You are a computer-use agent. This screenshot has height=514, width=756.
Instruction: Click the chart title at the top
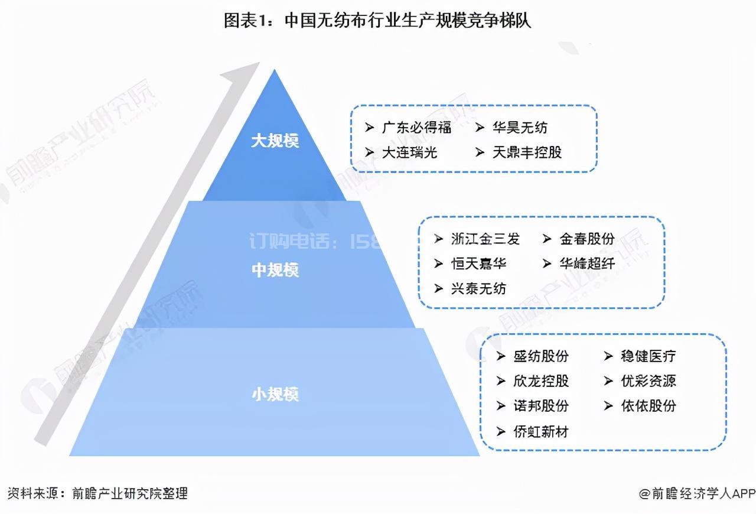(x=377, y=21)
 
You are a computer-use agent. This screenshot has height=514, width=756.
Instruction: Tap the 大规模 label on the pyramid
(x=275, y=141)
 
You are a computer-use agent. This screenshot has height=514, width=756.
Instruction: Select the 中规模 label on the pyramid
(x=275, y=270)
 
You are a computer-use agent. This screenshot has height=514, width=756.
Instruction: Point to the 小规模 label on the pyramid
(x=275, y=394)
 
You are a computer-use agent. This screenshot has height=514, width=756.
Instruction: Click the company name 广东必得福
(x=416, y=127)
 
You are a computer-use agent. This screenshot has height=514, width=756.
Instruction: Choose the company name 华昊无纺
(x=520, y=127)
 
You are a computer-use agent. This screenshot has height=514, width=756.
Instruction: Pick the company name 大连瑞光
(x=409, y=152)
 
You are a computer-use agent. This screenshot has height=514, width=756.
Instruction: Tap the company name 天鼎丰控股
(x=527, y=152)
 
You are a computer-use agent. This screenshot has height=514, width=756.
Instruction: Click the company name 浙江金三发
(x=485, y=239)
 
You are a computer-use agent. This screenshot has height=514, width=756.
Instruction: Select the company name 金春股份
(x=587, y=239)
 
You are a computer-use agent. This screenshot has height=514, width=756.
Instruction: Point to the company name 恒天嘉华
(x=478, y=263)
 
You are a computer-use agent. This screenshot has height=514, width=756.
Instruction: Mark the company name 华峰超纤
(x=587, y=263)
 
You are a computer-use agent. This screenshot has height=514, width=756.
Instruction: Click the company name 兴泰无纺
(x=478, y=289)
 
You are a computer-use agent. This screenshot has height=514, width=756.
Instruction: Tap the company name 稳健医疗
(x=648, y=356)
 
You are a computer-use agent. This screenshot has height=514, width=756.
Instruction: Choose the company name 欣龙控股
(x=541, y=381)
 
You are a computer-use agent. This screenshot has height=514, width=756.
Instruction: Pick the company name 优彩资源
(x=648, y=381)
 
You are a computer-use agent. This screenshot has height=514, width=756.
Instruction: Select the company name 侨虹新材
(x=541, y=431)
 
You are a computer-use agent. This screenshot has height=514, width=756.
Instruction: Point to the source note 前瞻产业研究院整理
(x=129, y=493)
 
